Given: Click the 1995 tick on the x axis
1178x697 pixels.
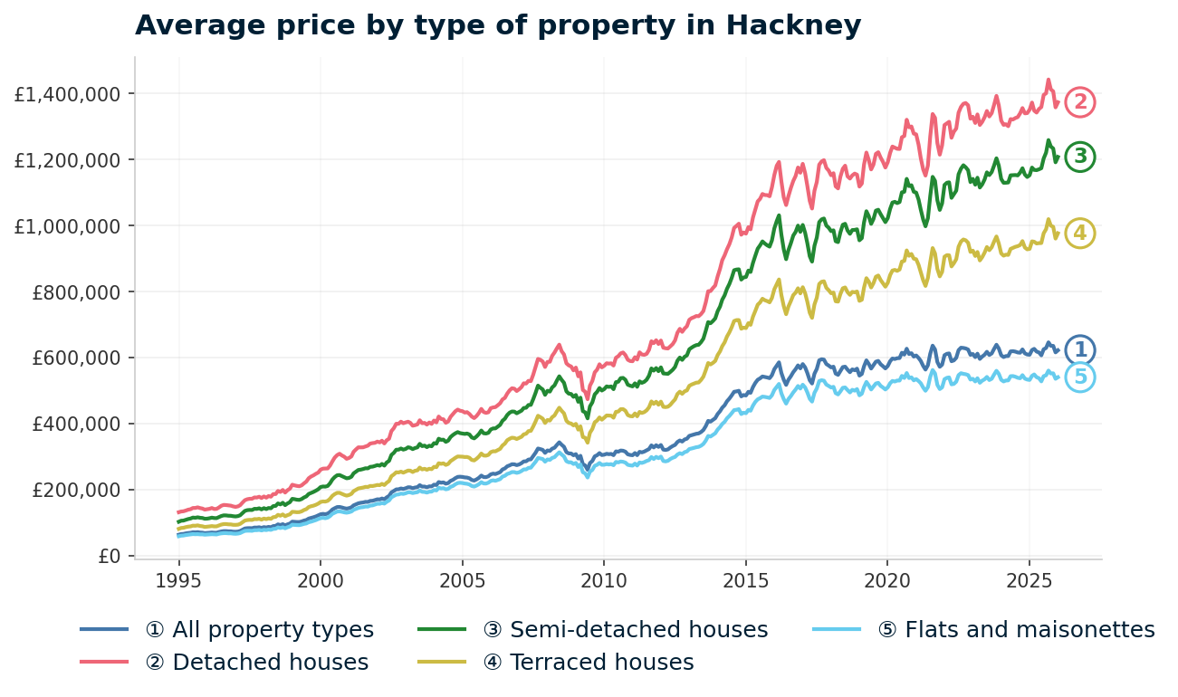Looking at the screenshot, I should point(178,579).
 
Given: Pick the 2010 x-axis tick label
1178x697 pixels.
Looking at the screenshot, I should point(604,579).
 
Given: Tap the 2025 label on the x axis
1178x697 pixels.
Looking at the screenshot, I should point(1029,579).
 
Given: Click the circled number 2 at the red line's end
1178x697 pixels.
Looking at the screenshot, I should point(1079,103).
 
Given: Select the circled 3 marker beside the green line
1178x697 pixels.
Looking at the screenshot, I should point(1079,158).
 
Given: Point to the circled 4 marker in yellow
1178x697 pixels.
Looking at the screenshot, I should point(1079,234).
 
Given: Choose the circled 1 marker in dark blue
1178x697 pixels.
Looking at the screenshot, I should point(1079,350).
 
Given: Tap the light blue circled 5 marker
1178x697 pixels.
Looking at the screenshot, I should point(1079,377).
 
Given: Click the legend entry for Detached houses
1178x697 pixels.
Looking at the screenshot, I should point(270,663).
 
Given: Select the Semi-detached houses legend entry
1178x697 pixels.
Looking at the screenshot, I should point(638,630).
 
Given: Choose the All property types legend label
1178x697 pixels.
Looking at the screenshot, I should point(272,630).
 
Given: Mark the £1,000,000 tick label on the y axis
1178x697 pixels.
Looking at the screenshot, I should point(62,226).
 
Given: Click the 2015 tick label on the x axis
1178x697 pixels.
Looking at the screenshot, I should point(745,579).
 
